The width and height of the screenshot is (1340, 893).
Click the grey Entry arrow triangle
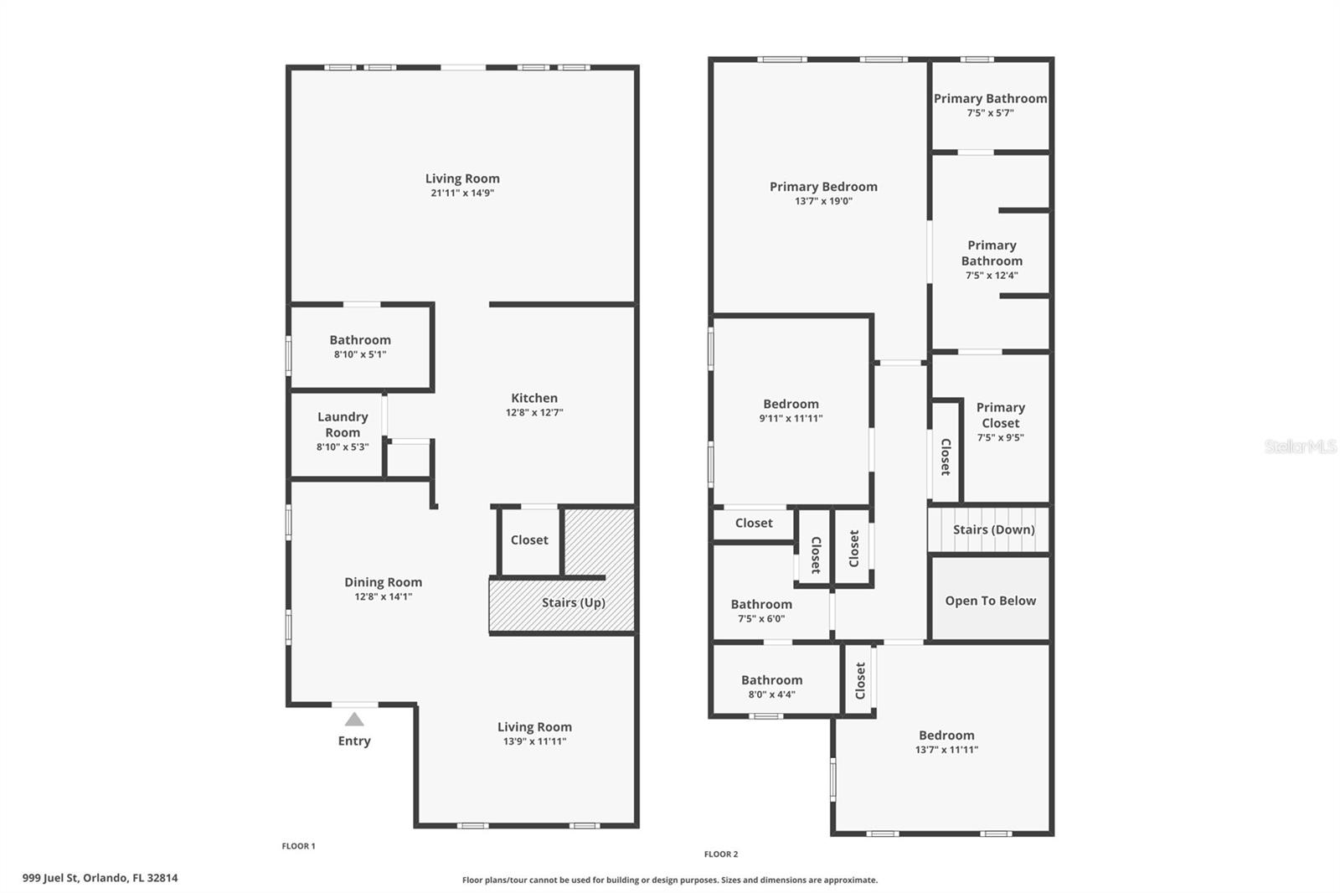click(x=354, y=720)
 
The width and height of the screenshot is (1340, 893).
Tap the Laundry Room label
click(x=343, y=425)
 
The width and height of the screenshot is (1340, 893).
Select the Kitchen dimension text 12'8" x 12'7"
click(x=534, y=413)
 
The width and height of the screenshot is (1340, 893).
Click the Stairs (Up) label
click(x=573, y=602)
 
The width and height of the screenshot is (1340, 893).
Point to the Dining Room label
click(x=383, y=582)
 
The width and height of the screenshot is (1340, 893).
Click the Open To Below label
click(x=990, y=601)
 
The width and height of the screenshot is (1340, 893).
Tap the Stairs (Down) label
click(x=993, y=529)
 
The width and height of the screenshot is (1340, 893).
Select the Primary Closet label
click(x=1000, y=416)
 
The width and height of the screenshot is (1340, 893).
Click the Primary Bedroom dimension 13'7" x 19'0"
click(x=823, y=201)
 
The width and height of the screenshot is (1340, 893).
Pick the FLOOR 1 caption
click(x=298, y=846)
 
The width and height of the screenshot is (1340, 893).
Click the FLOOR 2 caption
click(x=721, y=854)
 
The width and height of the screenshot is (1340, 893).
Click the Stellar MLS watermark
click(x=1300, y=446)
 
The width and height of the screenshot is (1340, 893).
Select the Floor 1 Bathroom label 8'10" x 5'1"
click(x=360, y=340)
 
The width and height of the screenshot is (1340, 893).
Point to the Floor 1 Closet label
click(x=529, y=540)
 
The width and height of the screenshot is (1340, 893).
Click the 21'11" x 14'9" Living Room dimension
click(x=462, y=193)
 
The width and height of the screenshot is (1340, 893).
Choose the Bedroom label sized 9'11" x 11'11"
click(x=791, y=404)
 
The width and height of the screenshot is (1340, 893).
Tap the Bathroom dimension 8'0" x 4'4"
click(x=771, y=694)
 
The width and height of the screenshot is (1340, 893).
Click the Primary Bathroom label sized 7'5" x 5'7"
click(x=990, y=99)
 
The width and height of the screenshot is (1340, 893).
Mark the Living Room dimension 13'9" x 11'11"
click(x=534, y=741)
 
